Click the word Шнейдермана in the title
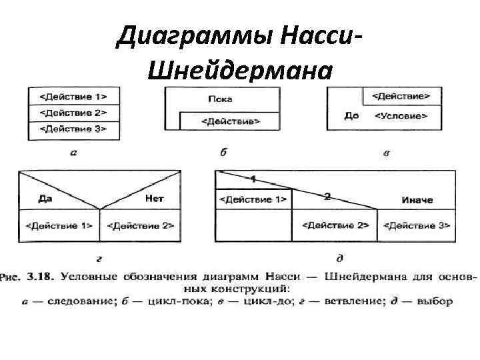(x=238, y=68)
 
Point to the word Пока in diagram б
(x=220, y=99)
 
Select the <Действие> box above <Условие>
(x=400, y=96)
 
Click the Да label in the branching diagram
(x=45, y=199)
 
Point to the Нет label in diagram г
(x=154, y=199)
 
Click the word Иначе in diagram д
(x=417, y=199)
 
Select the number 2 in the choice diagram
(x=327, y=196)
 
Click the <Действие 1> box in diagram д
(x=253, y=199)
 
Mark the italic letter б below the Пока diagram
(x=223, y=153)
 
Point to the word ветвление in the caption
(x=354, y=301)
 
